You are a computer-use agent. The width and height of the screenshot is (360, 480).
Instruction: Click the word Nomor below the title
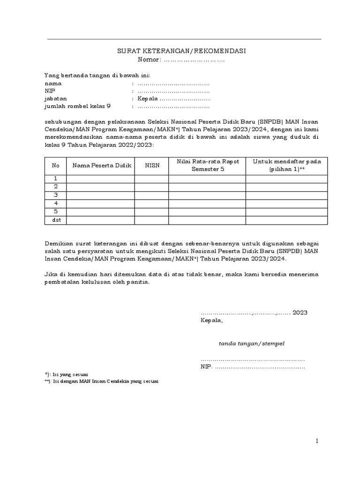(149, 60)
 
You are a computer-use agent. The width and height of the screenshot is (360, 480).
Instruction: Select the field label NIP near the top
(49, 91)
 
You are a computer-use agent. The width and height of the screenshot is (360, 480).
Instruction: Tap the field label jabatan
(55, 99)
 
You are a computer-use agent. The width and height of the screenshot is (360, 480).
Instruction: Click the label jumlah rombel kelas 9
(77, 107)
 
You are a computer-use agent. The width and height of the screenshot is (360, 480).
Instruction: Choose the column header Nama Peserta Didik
(101, 165)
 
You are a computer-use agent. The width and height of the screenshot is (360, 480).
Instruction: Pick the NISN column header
(152, 165)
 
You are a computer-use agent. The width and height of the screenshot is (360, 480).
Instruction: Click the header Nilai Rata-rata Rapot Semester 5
(207, 165)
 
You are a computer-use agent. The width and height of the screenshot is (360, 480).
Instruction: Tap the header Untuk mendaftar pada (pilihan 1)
(286, 165)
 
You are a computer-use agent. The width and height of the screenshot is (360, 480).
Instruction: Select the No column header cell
(56, 165)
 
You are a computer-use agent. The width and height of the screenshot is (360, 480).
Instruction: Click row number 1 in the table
(56, 178)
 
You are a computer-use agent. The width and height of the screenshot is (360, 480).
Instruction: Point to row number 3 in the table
(56, 195)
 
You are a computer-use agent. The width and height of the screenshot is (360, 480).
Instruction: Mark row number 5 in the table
(56, 211)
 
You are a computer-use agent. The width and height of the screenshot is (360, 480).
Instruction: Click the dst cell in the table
(56, 220)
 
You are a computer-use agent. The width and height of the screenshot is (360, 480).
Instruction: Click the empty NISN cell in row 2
(152, 187)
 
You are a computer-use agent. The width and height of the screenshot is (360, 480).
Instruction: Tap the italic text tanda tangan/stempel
(251, 343)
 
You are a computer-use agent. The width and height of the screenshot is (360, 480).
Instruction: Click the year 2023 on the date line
(300, 313)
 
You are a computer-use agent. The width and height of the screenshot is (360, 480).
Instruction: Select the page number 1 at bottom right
(317, 441)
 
